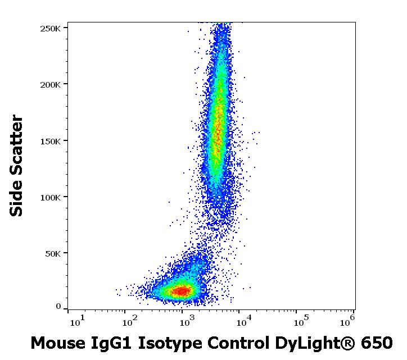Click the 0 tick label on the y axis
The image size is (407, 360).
point(58,307)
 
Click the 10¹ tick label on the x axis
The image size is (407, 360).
point(77,321)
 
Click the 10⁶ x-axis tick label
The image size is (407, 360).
point(347,321)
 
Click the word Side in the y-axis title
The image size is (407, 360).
point(17,199)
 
